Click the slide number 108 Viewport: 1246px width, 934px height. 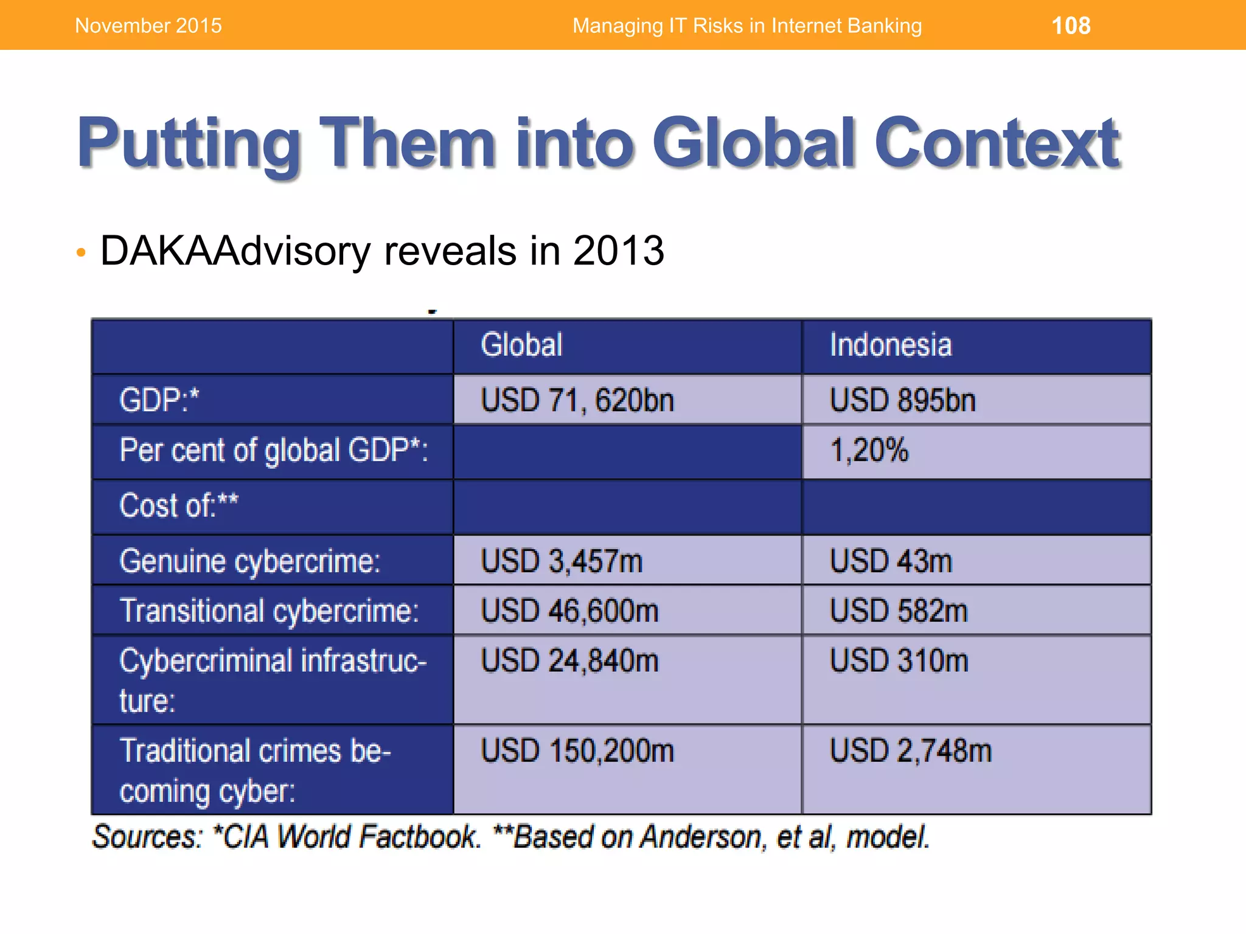pyautogui.click(x=1071, y=26)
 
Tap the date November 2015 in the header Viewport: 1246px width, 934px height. pyautogui.click(x=148, y=26)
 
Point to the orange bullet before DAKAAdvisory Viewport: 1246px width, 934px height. pyautogui.click(x=81, y=253)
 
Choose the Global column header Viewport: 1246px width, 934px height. pyautogui.click(x=521, y=345)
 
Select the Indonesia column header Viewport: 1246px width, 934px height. pyautogui.click(x=890, y=345)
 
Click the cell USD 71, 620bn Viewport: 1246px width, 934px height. pyautogui.click(x=577, y=401)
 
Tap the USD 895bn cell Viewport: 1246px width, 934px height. pyautogui.click(x=902, y=401)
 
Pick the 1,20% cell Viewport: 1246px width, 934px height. pyautogui.click(x=868, y=451)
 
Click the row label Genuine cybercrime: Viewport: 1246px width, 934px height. pyautogui.click(x=249, y=561)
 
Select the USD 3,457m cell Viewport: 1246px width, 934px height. pyautogui.click(x=561, y=561)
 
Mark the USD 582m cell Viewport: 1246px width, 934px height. pyautogui.click(x=898, y=611)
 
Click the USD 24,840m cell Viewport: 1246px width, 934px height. pyautogui.click(x=569, y=661)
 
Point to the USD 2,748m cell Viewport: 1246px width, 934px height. pyautogui.click(x=910, y=751)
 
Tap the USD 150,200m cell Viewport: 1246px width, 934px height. pyautogui.click(x=577, y=751)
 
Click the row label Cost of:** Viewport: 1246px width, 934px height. pyautogui.click(x=179, y=506)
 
